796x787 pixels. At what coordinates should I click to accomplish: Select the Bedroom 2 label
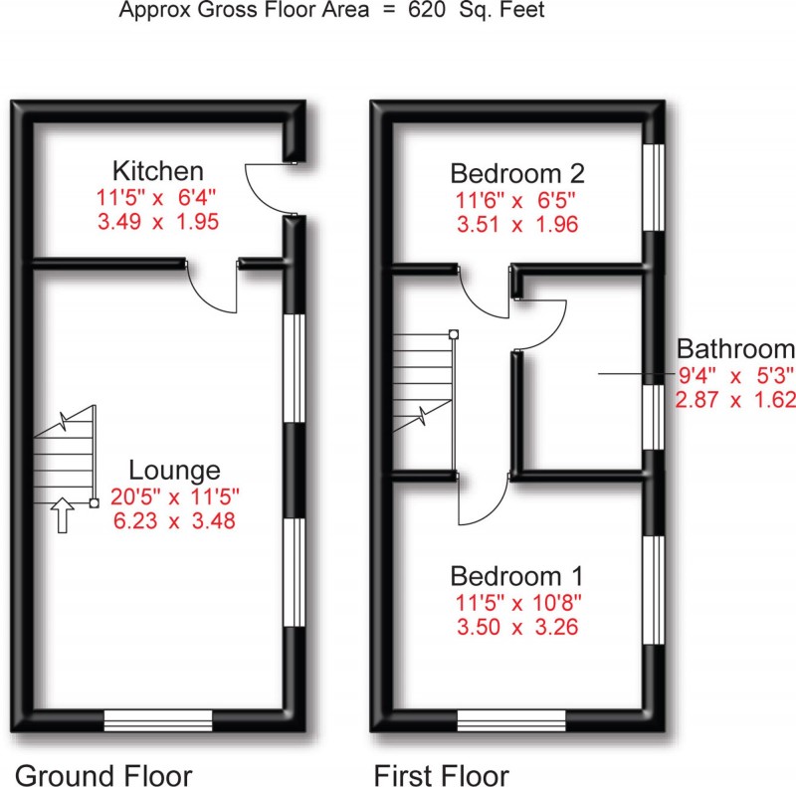pos(516,173)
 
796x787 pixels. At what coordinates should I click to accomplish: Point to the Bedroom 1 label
pos(516,576)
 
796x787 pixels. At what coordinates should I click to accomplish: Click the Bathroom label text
pos(735,349)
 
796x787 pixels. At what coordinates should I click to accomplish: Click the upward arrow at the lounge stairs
pos(63,516)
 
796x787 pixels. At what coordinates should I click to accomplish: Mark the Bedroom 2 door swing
pos(482,289)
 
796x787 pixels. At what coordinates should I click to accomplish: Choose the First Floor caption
pos(441,774)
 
